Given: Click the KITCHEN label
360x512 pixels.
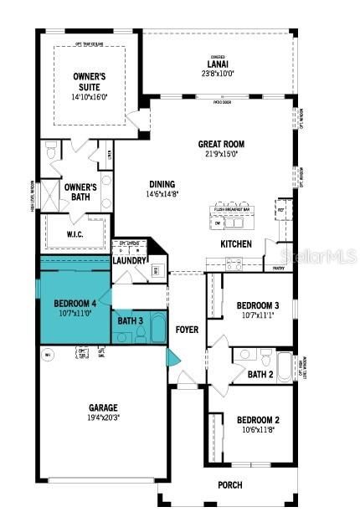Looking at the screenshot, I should point(235,243).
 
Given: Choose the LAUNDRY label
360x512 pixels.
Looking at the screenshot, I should point(129,260).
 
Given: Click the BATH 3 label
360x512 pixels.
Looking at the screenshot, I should point(130,320).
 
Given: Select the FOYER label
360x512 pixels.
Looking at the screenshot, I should point(187,330).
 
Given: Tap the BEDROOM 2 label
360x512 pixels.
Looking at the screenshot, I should point(257,420).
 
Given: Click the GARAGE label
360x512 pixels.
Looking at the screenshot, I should point(103,408).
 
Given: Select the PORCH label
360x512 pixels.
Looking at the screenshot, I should point(229,484).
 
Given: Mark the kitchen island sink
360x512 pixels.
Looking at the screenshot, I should point(234,223).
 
